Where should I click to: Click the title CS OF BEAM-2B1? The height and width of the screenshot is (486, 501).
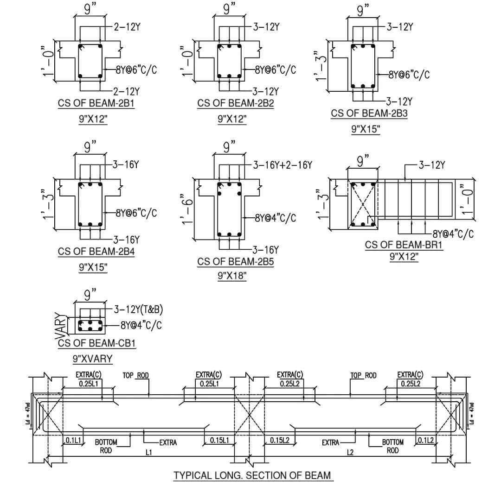pos(96,103)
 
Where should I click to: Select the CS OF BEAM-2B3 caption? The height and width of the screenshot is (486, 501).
pos(369,114)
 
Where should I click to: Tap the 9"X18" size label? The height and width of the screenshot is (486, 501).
pos(232,276)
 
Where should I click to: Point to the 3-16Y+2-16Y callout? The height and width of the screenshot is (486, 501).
pos(283,165)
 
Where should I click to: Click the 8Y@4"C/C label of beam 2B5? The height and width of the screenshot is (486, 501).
pos(275,217)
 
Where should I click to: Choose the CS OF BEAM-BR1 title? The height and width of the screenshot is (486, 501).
pos(404,245)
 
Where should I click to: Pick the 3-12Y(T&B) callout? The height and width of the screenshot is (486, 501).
pos(138,309)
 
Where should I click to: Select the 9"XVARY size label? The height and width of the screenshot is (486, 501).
pos(93,358)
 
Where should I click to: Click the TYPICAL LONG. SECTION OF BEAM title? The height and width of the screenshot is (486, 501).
pos(253,475)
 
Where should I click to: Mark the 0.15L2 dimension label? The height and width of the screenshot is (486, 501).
pos(280,440)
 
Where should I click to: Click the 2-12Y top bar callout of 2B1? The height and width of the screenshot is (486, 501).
pos(127,26)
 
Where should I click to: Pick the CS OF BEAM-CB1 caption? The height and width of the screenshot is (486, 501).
pos(97,343)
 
